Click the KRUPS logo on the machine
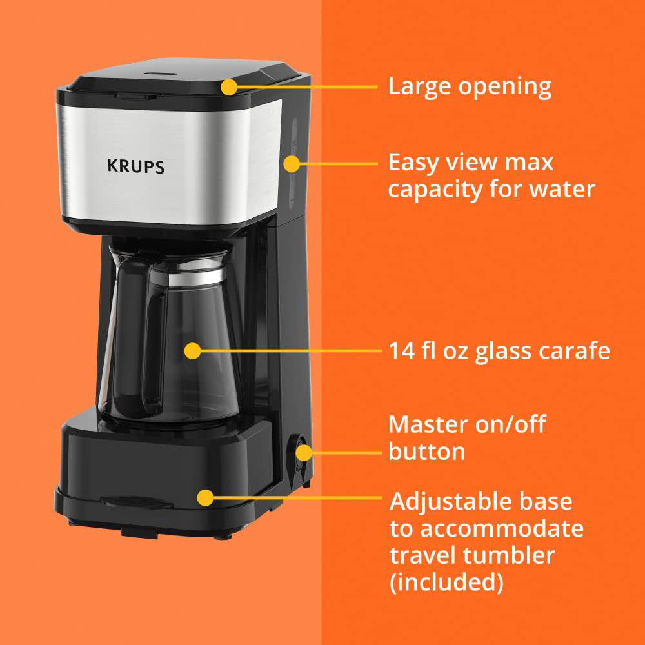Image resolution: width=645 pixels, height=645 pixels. click(x=135, y=166)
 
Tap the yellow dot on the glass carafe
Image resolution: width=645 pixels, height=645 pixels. click(x=192, y=351)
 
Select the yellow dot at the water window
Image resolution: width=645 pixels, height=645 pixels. click(x=292, y=164)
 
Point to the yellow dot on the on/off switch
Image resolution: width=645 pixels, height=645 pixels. click(x=303, y=452)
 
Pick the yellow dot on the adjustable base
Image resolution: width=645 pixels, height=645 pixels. click(x=205, y=497)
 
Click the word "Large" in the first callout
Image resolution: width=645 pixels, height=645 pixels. click(x=421, y=86)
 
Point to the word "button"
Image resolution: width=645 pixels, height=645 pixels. click(x=426, y=451)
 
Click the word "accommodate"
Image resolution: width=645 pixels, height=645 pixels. click(x=502, y=529)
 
